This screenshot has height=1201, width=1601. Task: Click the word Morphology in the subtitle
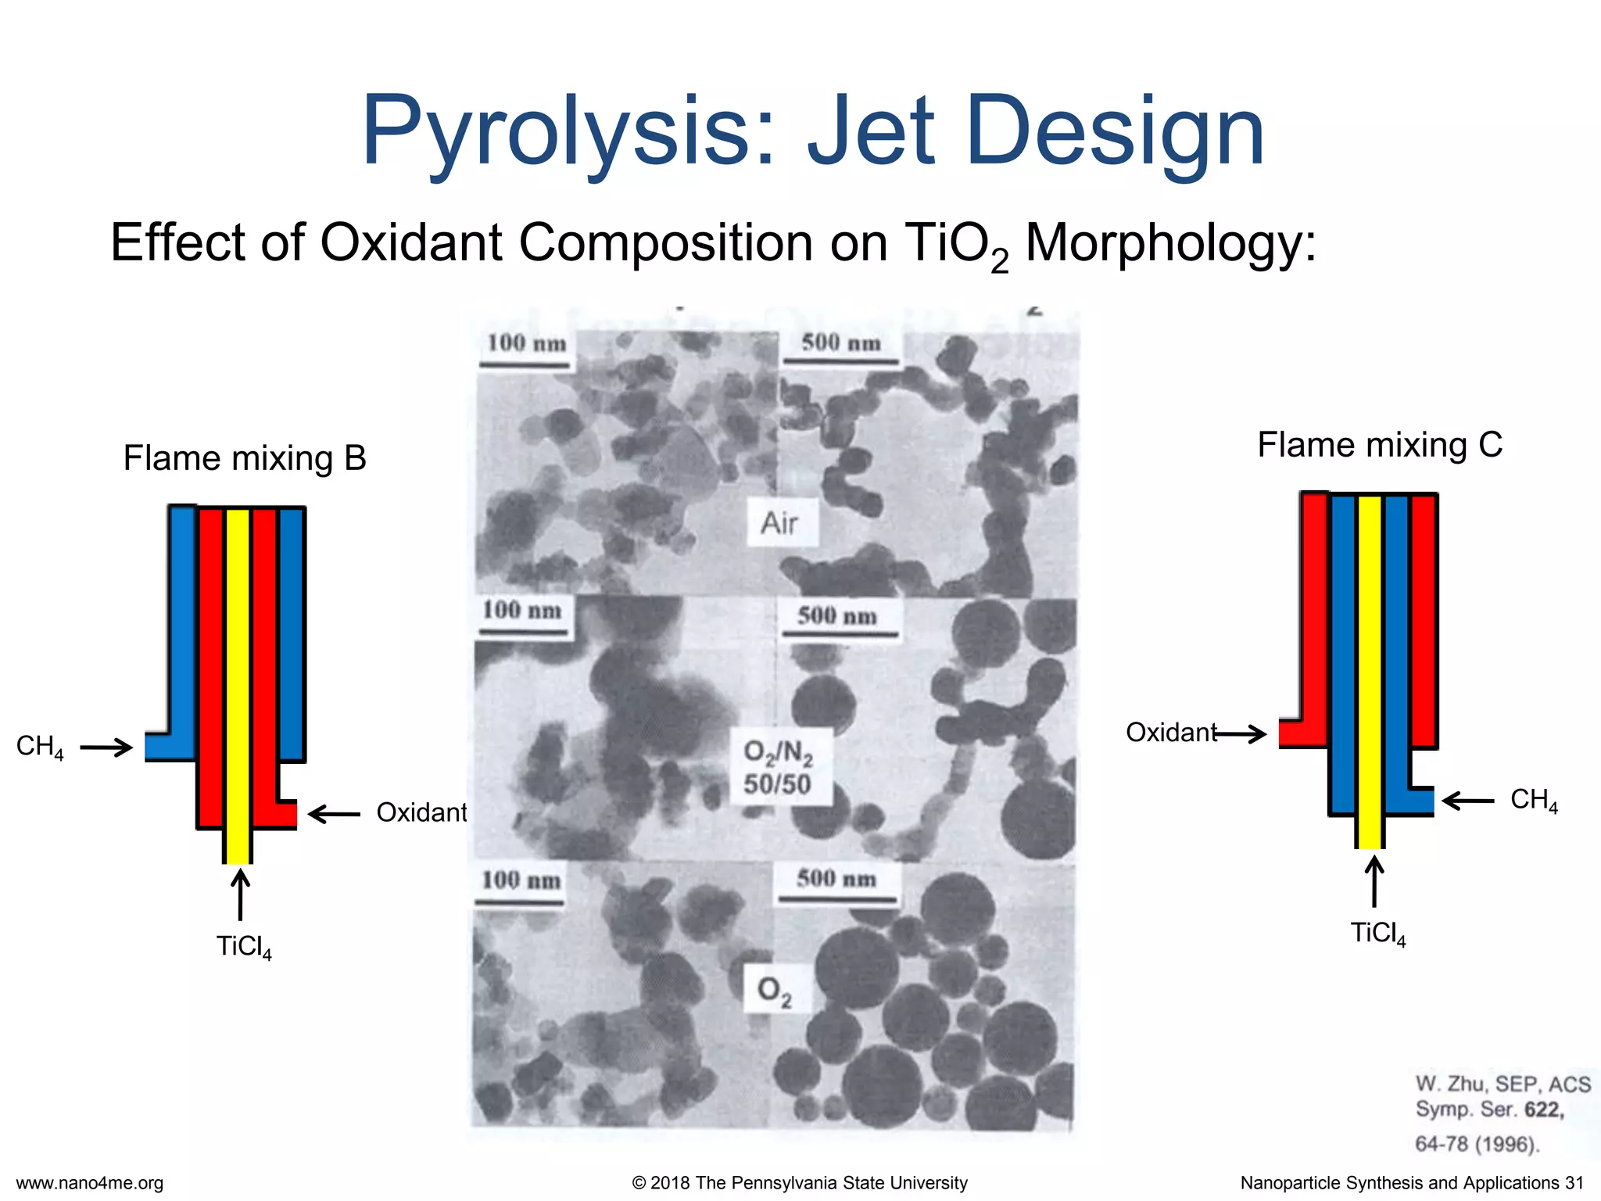(x=1170, y=243)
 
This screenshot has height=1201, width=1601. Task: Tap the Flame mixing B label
(x=245, y=459)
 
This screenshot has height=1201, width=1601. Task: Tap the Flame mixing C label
(x=1380, y=445)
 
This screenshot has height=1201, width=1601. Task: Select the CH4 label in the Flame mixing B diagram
(x=39, y=747)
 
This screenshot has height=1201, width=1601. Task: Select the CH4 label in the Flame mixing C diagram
(x=1534, y=800)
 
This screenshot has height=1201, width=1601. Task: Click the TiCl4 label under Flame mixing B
(x=244, y=948)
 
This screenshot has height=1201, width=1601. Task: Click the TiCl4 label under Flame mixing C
(x=1377, y=934)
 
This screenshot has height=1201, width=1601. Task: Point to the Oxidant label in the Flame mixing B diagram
(x=421, y=813)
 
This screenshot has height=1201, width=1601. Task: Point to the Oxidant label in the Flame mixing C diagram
(x=1170, y=733)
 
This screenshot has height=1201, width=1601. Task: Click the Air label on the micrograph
(x=779, y=523)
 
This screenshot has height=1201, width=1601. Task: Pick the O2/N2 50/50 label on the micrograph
(x=777, y=768)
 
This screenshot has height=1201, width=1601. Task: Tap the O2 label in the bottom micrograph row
(x=774, y=991)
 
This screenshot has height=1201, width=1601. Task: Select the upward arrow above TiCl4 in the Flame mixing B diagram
(x=241, y=895)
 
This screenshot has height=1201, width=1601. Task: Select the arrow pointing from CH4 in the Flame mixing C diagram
(x=1468, y=801)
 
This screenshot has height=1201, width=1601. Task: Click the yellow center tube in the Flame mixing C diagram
(x=1370, y=672)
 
